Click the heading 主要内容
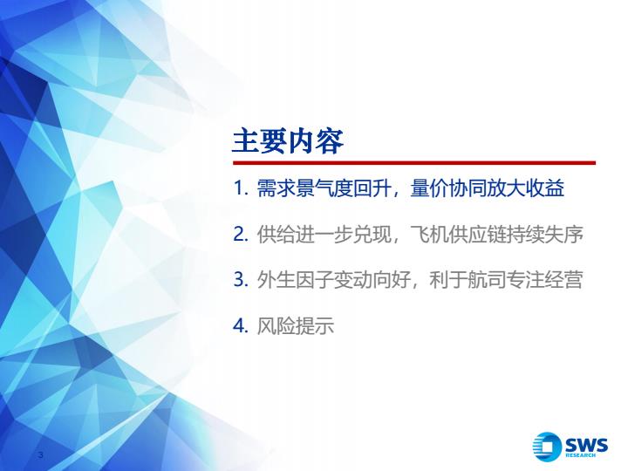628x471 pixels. (x=288, y=141)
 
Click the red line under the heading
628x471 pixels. (x=414, y=162)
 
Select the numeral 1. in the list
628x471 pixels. (x=242, y=188)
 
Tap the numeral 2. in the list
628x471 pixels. (x=241, y=234)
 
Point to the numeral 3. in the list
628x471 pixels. (x=241, y=280)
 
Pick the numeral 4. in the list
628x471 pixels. (x=241, y=325)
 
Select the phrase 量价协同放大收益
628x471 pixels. (x=488, y=188)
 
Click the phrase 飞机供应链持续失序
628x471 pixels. (x=496, y=235)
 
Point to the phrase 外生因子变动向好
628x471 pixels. (x=333, y=280)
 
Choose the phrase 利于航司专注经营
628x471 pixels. (x=506, y=280)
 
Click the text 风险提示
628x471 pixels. (x=295, y=326)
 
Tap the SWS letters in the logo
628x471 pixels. (x=586, y=445)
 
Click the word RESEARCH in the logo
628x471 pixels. (x=580, y=455)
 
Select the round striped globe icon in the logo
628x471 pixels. (x=547, y=447)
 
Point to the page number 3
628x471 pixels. (x=40, y=454)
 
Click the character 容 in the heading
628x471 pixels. (x=330, y=141)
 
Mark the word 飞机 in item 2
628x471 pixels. (x=429, y=235)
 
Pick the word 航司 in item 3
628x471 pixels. (x=487, y=280)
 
